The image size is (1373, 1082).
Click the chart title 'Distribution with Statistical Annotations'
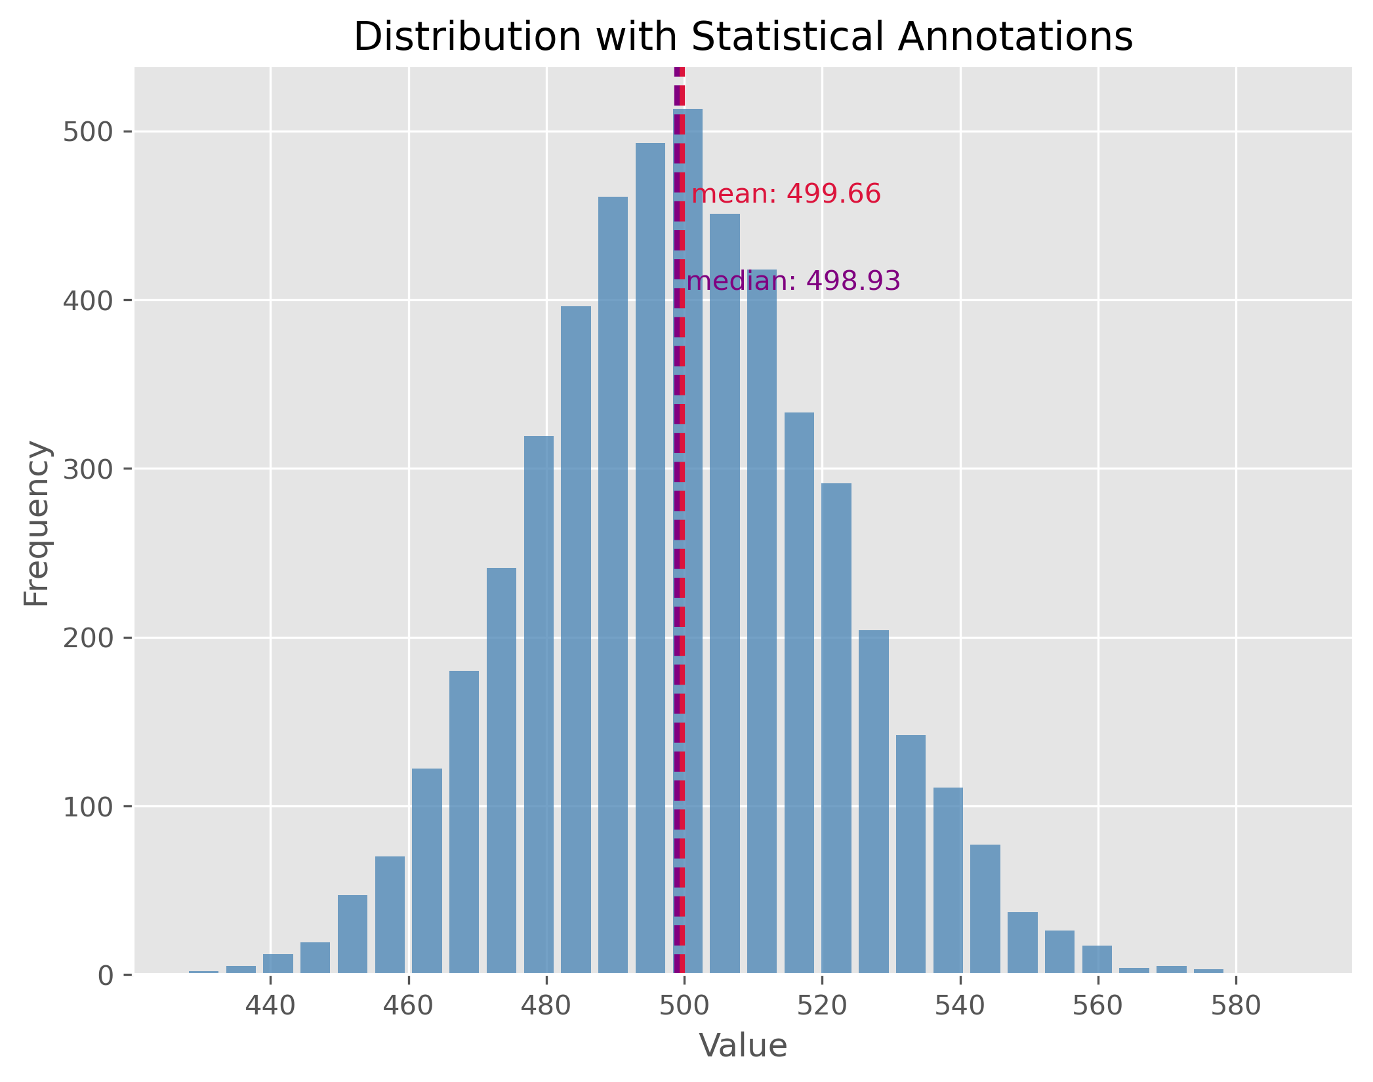(x=743, y=37)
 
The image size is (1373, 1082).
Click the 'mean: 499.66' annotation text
(x=786, y=194)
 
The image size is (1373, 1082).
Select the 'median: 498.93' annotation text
(x=793, y=281)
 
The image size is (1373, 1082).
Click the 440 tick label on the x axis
(x=270, y=1005)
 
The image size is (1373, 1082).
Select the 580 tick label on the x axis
(x=1236, y=1005)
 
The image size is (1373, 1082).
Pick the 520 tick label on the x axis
(x=822, y=1005)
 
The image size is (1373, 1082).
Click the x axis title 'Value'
(x=743, y=1046)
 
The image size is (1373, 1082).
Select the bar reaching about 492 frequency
(x=650, y=557)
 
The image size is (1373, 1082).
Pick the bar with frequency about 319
(x=539, y=705)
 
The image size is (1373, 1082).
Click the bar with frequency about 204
(x=873, y=801)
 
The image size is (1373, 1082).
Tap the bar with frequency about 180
(x=464, y=822)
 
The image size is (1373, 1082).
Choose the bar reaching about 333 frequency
(x=799, y=692)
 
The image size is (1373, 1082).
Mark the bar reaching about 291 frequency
(x=836, y=728)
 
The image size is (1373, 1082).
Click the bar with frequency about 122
(x=426, y=871)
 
